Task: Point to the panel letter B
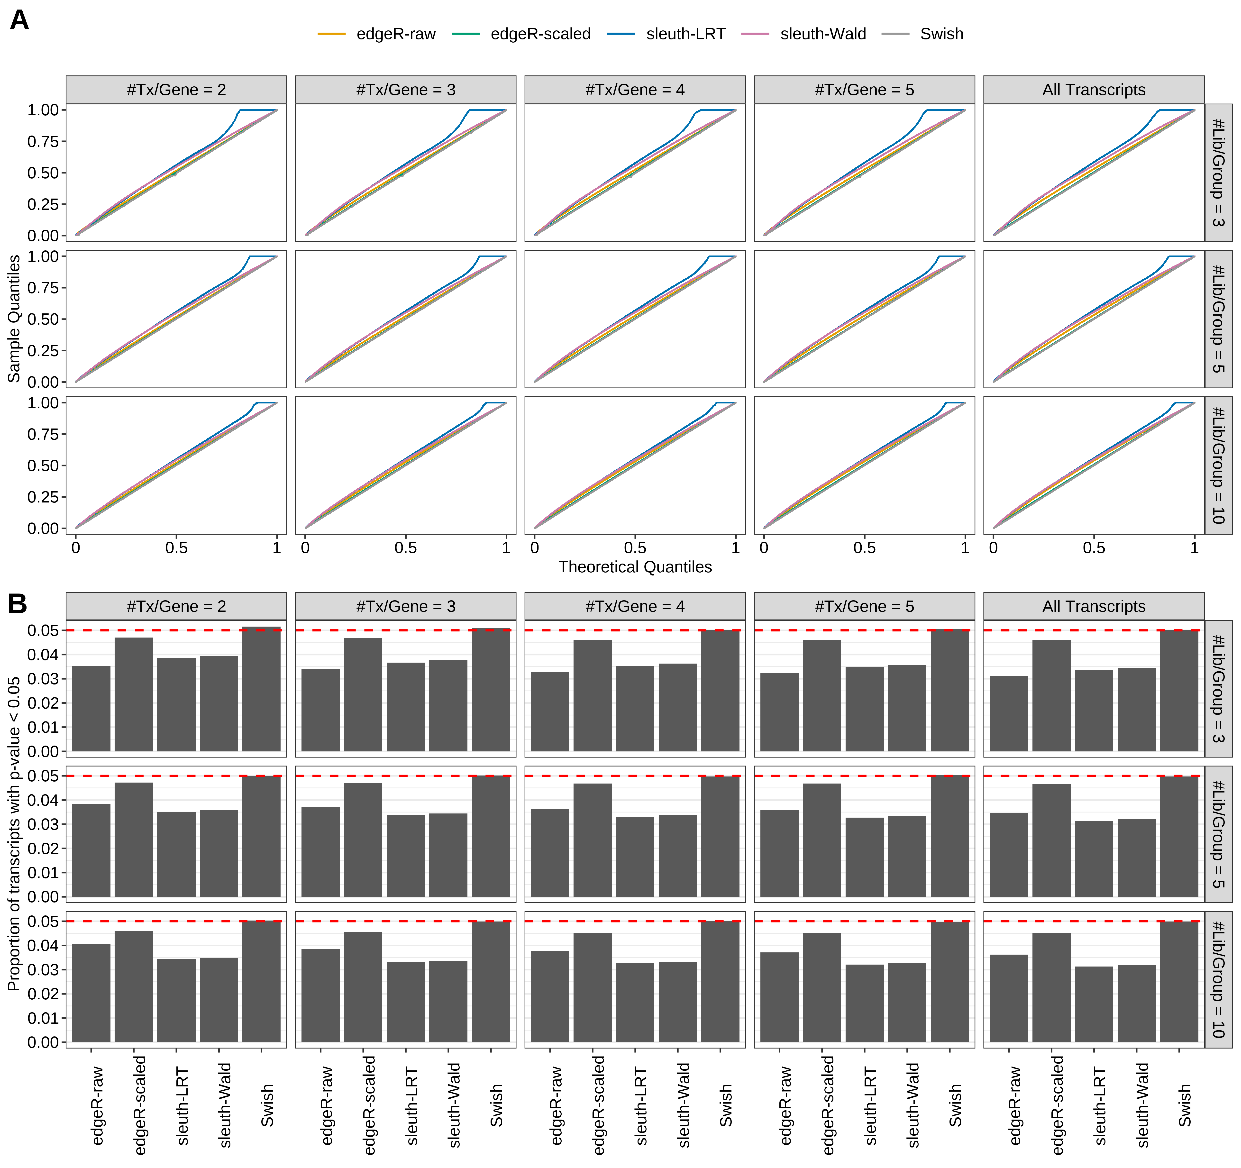coord(18,604)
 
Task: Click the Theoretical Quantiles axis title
coord(635,567)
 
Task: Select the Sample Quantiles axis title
coord(14,318)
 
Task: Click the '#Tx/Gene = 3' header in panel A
coord(406,90)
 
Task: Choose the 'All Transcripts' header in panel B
coord(1094,606)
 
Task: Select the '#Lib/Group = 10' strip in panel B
coord(1218,979)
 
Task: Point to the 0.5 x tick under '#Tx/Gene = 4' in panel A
coord(635,548)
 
